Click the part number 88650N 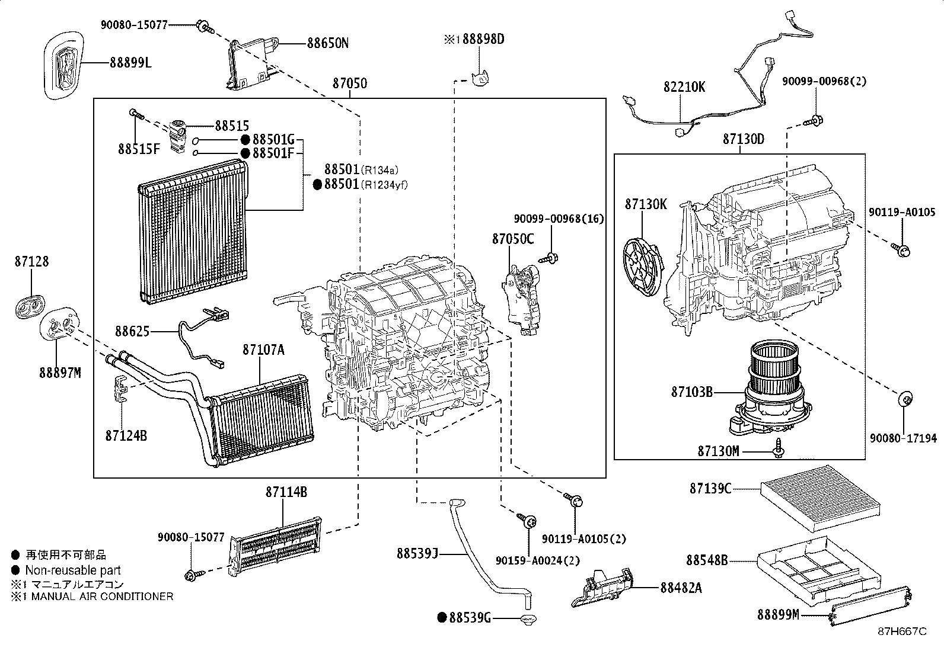(328, 43)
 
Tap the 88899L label (130, 62)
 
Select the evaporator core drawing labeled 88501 (193, 231)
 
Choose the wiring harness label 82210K (684, 86)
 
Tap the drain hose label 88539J (417, 553)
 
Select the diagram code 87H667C (902, 631)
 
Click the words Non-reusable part (72, 570)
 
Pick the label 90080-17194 (903, 438)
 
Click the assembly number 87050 (349, 84)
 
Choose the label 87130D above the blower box (743, 140)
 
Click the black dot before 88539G (441, 618)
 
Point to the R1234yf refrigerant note (385, 185)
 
